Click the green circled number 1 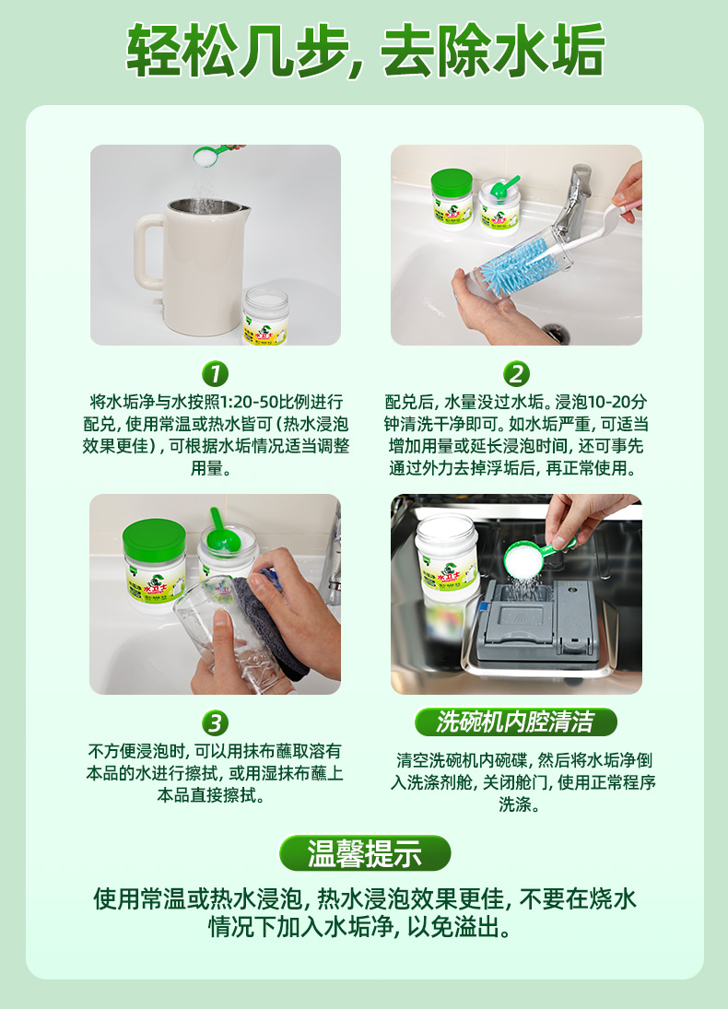215,373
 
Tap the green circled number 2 515,373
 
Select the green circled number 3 215,722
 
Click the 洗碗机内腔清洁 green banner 515,722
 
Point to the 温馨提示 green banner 365,853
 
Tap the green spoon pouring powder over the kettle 216,155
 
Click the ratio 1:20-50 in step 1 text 254,403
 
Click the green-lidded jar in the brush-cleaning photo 452,198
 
